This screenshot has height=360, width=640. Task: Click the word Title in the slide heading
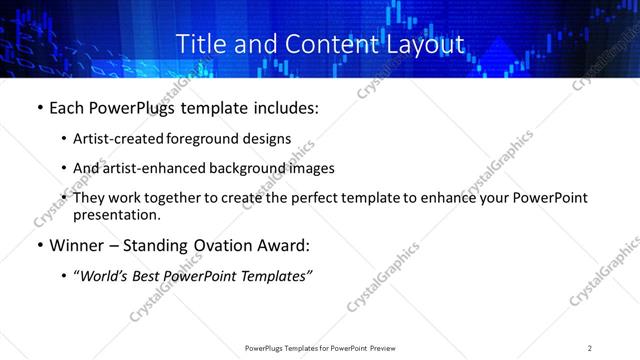201,45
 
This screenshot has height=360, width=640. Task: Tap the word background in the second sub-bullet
236,169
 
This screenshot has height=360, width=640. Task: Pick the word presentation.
117,215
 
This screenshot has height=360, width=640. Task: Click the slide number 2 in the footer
590,348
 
